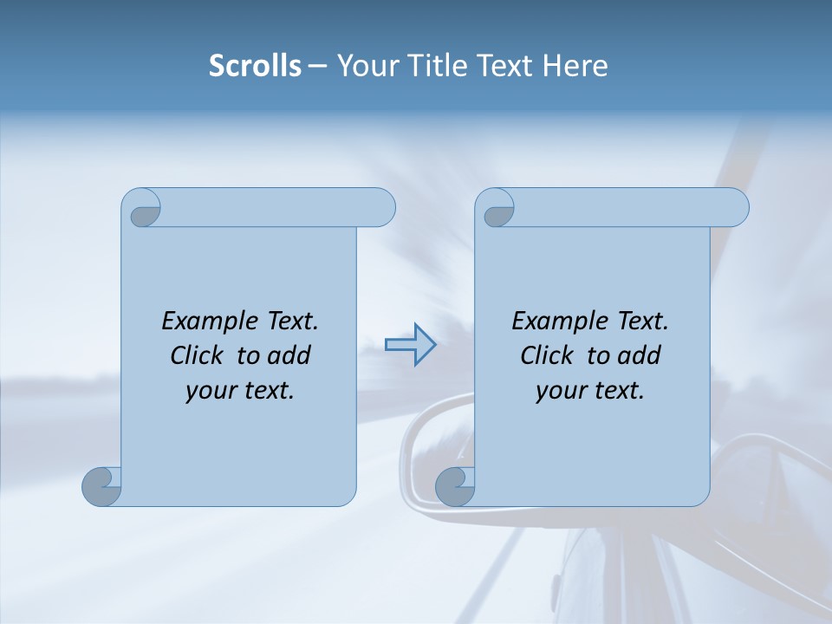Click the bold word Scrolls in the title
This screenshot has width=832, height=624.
256,66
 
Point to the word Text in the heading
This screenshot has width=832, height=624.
506,66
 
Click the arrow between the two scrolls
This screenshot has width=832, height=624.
410,345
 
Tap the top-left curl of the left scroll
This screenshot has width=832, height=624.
143,211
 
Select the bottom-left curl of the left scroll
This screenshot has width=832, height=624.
102,486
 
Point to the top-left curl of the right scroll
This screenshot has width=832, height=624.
497,211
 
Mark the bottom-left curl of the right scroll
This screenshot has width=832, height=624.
455,486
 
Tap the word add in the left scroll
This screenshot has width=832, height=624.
288,355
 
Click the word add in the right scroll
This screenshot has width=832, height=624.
638,355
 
